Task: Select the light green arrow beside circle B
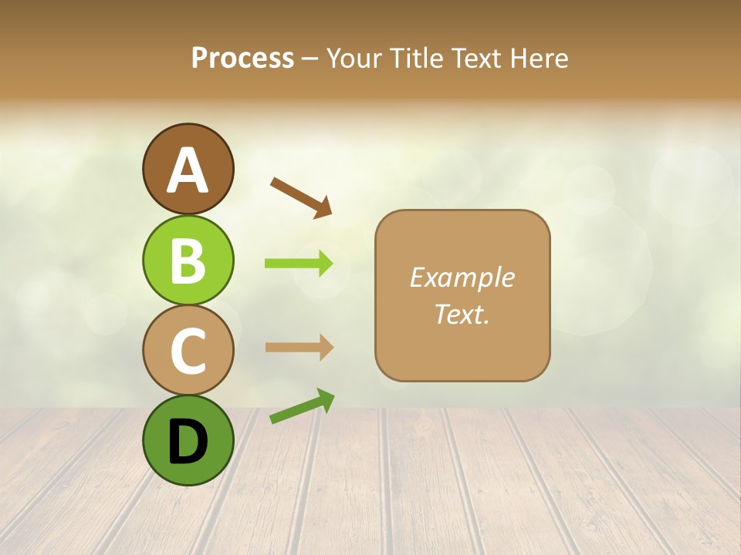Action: (299, 264)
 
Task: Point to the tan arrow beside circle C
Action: (299, 348)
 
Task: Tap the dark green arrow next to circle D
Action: (302, 407)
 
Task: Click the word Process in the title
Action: (242, 59)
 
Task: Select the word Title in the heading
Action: (414, 59)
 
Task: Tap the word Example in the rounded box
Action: (462, 277)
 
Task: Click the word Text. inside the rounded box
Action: (462, 314)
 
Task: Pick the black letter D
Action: (188, 442)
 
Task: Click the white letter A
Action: (188, 171)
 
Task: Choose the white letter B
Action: (188, 261)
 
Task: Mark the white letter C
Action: (188, 351)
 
